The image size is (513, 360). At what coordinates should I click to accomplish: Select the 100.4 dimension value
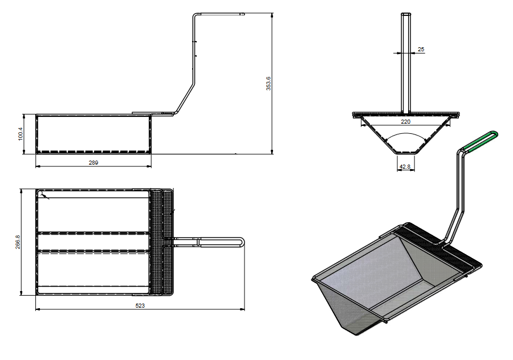point(21,134)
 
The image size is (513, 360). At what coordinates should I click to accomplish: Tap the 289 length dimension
point(93,163)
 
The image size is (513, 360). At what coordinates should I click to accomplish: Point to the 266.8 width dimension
point(18,243)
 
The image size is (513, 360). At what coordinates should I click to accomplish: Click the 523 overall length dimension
point(140,306)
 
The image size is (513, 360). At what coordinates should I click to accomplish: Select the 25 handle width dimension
point(421,50)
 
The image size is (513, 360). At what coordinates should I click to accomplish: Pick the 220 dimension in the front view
point(405,121)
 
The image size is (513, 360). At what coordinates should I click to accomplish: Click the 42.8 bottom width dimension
point(405,167)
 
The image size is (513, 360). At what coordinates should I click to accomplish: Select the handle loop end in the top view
point(242,243)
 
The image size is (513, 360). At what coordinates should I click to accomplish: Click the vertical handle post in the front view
point(405,63)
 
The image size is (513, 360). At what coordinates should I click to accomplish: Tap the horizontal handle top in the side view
point(219,14)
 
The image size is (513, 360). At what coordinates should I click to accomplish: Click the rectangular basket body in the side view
point(93,134)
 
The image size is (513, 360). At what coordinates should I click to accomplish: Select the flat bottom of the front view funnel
point(405,153)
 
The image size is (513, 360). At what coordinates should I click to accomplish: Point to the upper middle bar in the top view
point(94,233)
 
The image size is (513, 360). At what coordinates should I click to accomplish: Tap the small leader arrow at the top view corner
point(45,196)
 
